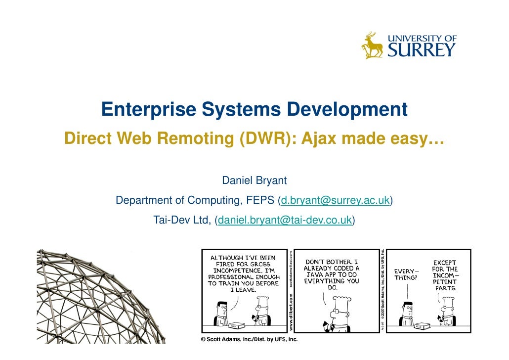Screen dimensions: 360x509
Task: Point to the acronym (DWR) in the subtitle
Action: click(264, 139)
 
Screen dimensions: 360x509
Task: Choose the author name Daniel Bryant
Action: click(254, 180)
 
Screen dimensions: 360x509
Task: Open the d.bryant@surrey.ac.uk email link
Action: click(335, 200)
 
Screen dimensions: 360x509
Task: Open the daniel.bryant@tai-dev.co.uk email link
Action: click(285, 220)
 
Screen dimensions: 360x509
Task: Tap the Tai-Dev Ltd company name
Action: click(182, 220)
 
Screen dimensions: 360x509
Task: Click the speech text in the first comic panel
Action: click(243, 273)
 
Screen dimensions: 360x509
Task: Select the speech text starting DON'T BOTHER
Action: click(332, 274)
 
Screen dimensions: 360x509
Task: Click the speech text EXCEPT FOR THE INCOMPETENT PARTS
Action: click(445, 274)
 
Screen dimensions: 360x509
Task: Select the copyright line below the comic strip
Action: click(249, 340)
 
